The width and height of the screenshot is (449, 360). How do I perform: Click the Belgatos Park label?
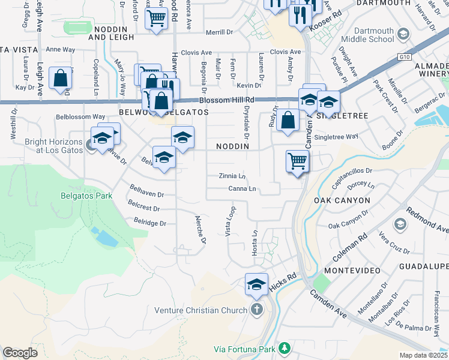pos(86,195)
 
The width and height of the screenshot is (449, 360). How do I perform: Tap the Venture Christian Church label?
pos(201,310)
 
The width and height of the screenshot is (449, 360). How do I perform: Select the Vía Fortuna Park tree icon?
pos(284,349)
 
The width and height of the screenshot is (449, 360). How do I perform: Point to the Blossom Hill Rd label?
pos(233,100)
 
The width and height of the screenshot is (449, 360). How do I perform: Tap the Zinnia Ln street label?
pos(232,176)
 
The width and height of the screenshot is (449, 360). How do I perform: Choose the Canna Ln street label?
pos(243,189)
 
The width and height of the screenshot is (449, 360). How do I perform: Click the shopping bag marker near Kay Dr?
pos(61,79)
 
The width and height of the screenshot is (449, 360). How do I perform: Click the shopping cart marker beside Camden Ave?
pos(297,161)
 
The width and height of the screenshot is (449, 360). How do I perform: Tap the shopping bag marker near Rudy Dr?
pos(288,119)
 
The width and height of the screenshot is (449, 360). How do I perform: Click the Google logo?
pos(20,353)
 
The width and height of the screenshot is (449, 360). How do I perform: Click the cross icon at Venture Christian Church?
pos(256,310)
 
